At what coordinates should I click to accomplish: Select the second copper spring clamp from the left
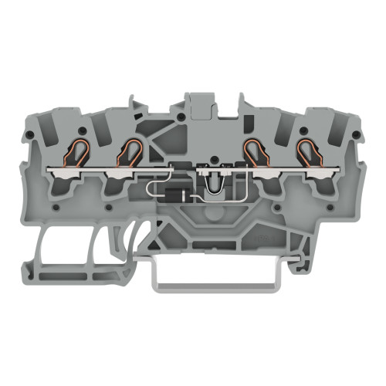(x=127, y=153)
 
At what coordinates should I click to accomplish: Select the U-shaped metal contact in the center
(x=212, y=179)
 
